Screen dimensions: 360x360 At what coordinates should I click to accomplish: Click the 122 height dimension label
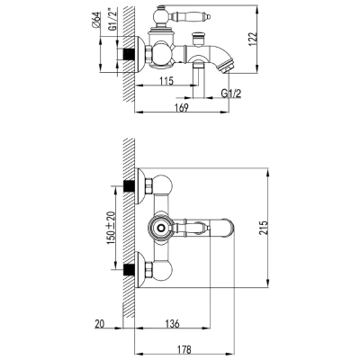pos(254,39)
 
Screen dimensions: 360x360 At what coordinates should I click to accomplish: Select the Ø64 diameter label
pos(96,20)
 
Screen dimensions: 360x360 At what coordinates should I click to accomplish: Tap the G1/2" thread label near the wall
pos(112,20)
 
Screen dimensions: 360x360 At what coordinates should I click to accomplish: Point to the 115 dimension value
pos(166,81)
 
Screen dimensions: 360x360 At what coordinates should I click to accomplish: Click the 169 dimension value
pos(182,107)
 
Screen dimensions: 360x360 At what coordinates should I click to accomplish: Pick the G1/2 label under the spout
pos(231,94)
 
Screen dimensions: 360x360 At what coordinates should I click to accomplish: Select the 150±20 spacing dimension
pos(111,228)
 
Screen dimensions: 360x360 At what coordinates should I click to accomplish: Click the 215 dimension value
pos(263,228)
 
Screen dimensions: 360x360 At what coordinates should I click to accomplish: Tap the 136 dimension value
pos(172,323)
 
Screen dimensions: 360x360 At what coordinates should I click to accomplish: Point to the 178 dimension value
pos(183,349)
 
